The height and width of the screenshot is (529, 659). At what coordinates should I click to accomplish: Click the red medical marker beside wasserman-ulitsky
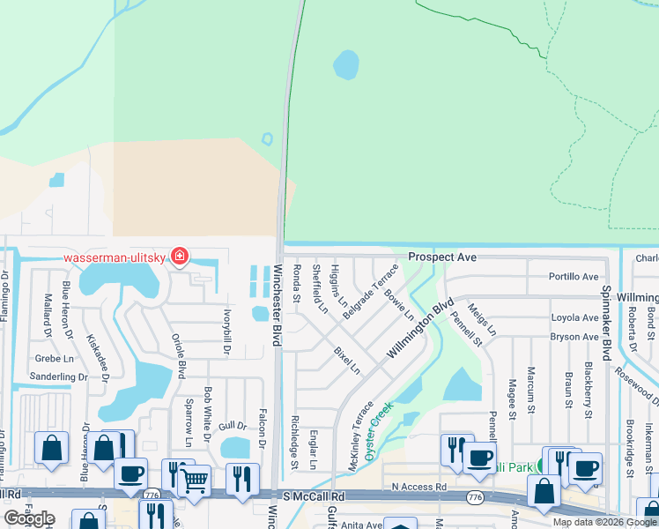tap(180, 257)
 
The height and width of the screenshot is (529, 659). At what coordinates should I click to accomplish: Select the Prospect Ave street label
tap(441, 257)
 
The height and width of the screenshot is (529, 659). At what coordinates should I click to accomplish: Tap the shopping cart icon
tap(194, 481)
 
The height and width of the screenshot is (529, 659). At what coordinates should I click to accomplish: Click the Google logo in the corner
tap(29, 518)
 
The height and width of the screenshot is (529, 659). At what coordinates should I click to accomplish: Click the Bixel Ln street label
tap(346, 360)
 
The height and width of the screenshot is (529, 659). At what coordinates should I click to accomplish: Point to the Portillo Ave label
tap(574, 276)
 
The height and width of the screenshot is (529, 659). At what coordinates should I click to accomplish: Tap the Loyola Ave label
tap(574, 317)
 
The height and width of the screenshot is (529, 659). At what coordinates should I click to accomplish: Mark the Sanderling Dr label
tap(57, 376)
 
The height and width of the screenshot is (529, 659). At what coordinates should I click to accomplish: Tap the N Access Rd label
tap(419, 487)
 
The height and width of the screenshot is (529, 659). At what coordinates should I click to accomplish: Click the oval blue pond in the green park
tap(346, 63)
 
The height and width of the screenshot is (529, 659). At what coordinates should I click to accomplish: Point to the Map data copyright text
tap(604, 522)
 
